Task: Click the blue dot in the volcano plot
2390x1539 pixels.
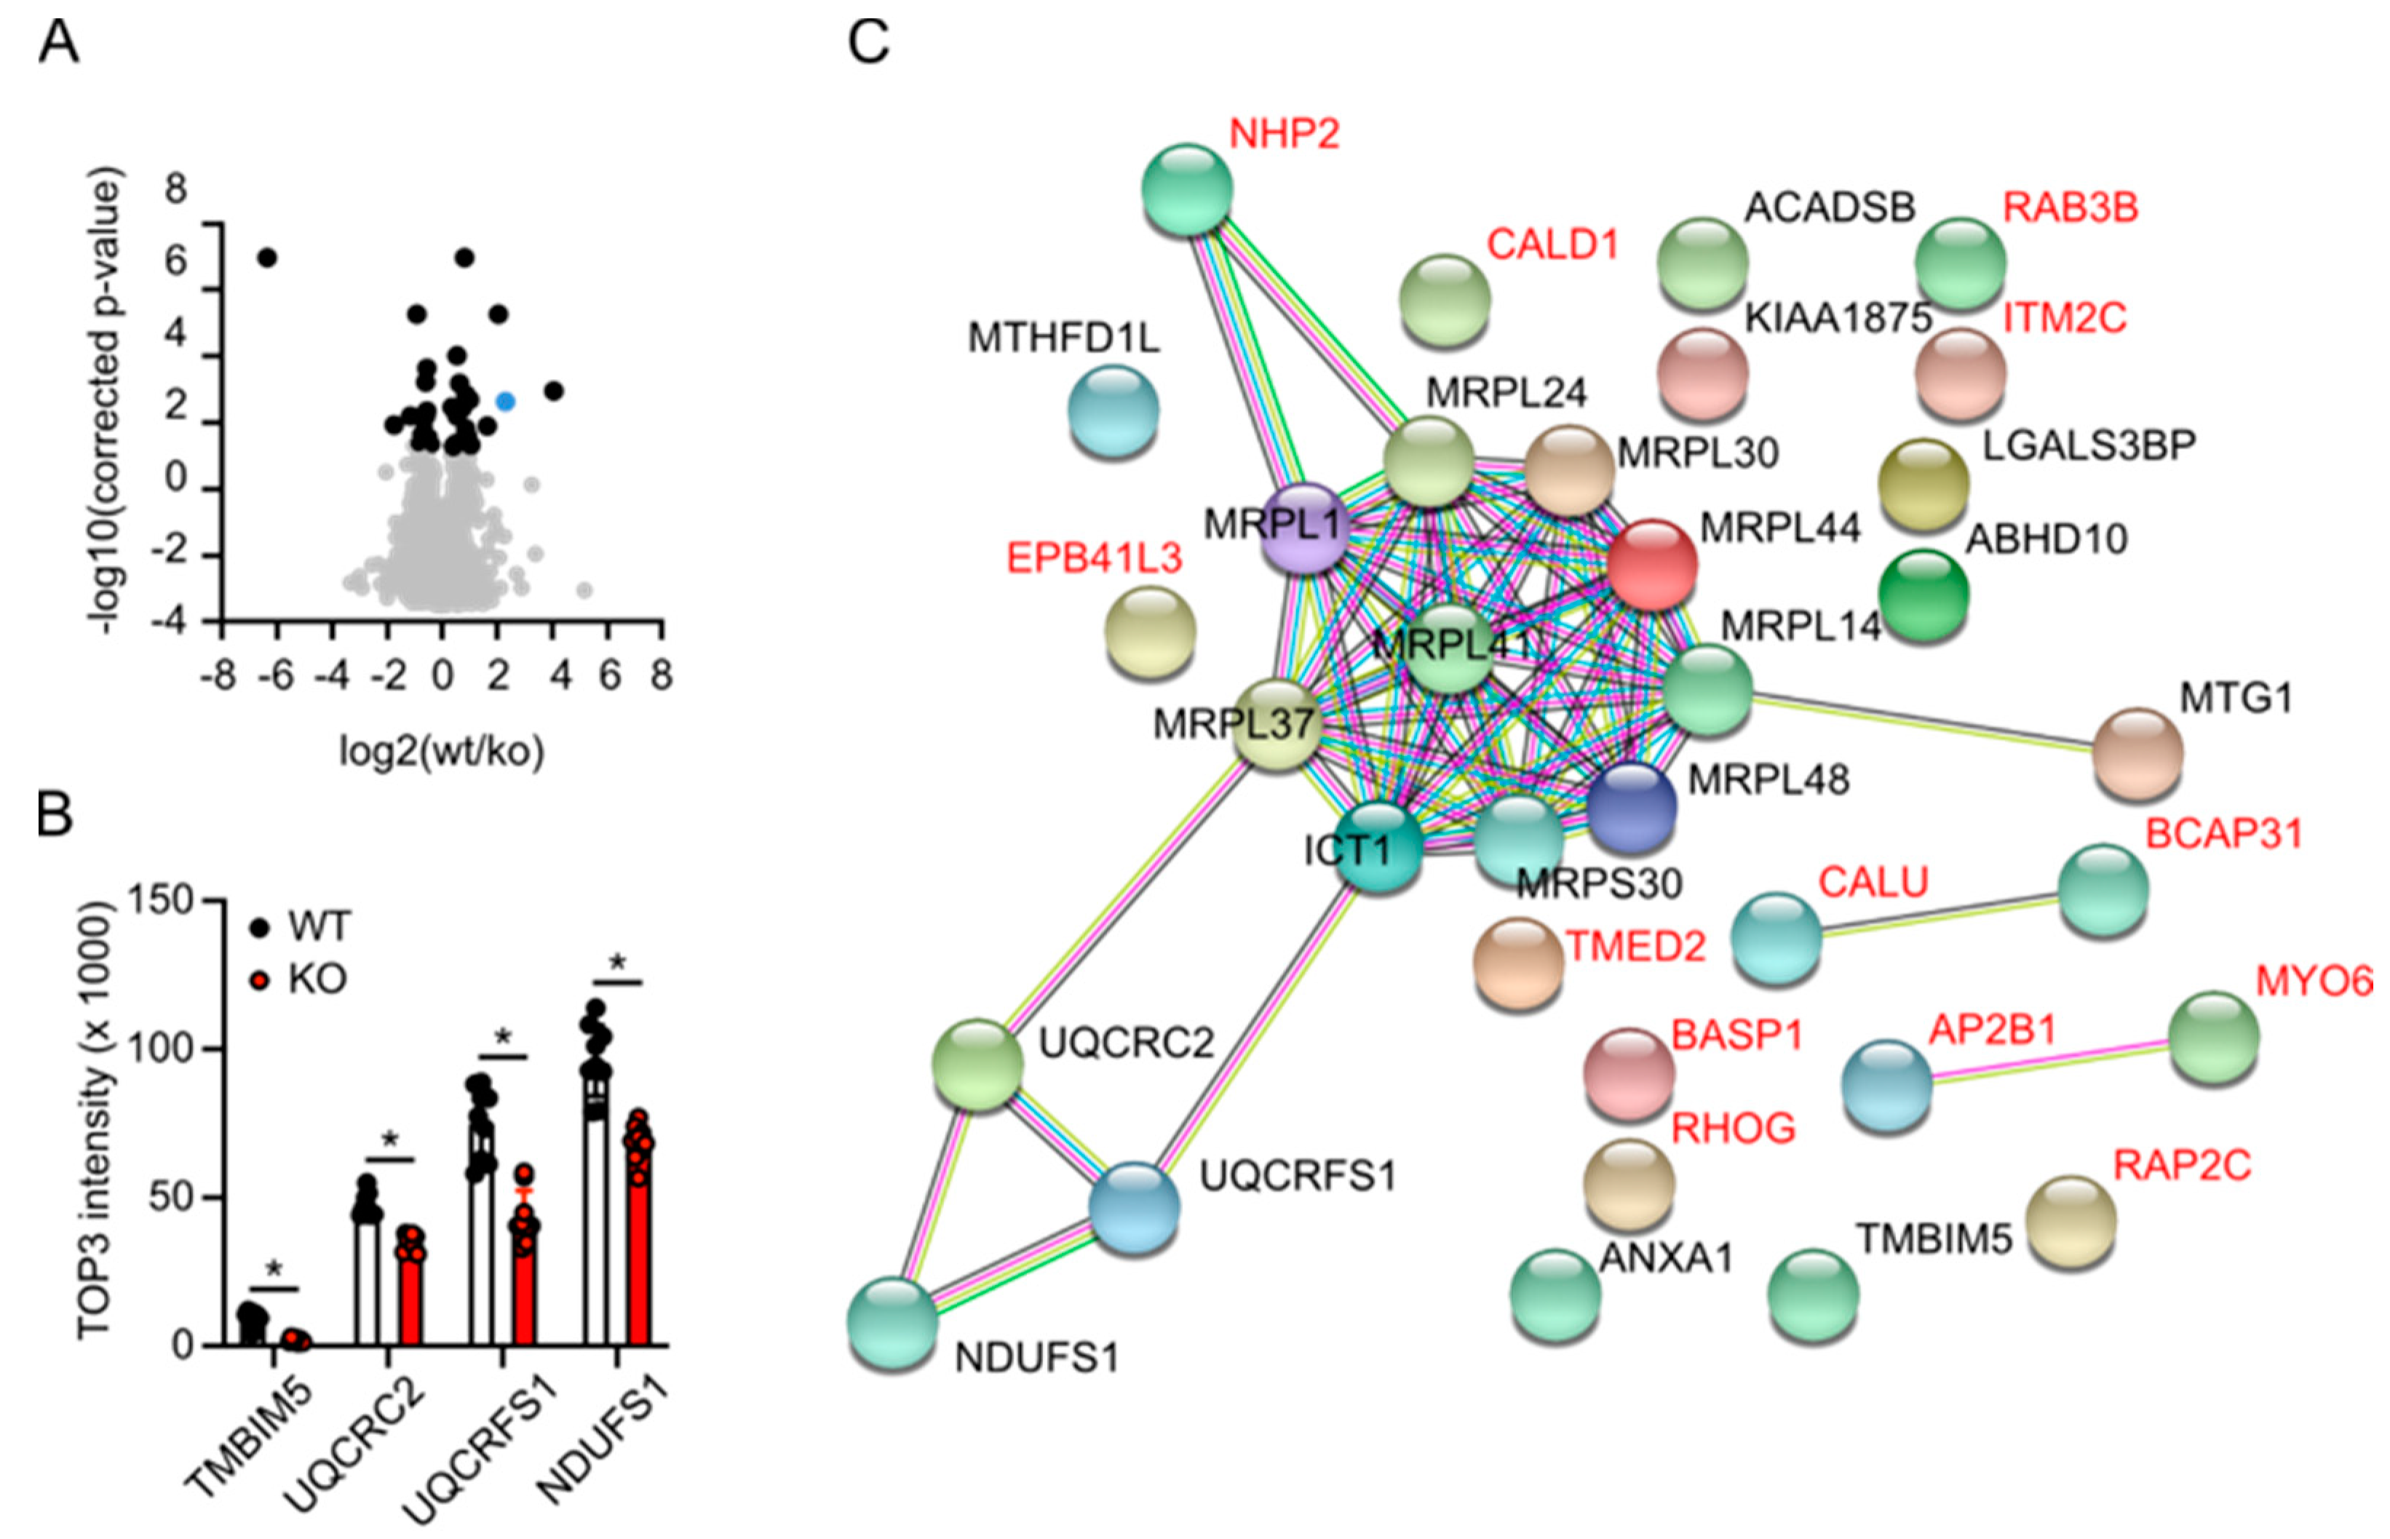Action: coord(506,402)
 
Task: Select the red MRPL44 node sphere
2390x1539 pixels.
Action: coord(1651,564)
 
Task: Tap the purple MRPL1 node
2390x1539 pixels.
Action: coord(1304,528)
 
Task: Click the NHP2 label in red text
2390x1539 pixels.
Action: coord(1284,134)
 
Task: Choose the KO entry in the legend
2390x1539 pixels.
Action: coord(300,979)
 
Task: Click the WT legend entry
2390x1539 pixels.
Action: coord(300,927)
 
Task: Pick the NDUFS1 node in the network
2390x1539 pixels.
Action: coord(893,1323)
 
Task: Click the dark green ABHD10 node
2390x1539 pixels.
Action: coord(1923,594)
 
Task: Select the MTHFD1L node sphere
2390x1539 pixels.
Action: coord(1113,410)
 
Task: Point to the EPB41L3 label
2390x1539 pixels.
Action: coord(1094,557)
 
